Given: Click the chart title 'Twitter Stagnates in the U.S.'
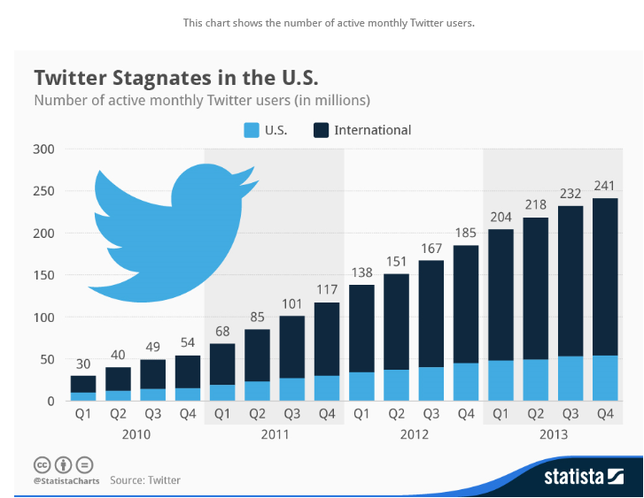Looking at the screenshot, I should click(175, 75).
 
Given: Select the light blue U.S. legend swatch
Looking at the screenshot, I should click(251, 130).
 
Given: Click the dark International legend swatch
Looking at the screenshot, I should click(321, 130).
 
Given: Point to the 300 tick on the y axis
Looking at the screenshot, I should click(45, 149).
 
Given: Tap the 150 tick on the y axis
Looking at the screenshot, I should click(45, 275).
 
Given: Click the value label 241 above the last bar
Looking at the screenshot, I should click(604, 187).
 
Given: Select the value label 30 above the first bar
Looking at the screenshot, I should click(82, 364).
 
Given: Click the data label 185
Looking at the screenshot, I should click(466, 234).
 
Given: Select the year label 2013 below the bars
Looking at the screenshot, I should click(552, 434).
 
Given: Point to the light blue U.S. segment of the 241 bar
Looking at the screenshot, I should click(604, 379).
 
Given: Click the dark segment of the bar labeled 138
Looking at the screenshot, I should click(362, 328).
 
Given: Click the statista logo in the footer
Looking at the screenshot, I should click(584, 478).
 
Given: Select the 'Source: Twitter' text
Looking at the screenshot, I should click(145, 480).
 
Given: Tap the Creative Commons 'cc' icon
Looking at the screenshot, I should click(41, 464).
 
